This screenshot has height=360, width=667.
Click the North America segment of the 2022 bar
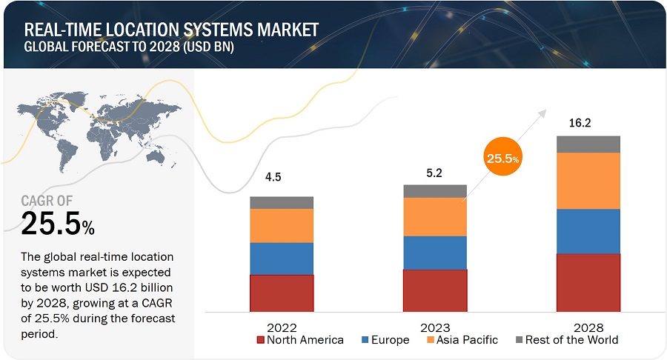(x=282, y=293)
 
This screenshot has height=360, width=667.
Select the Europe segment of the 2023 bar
(x=435, y=253)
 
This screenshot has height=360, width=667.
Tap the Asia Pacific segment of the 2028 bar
(x=588, y=181)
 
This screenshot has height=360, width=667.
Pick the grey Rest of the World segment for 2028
(x=588, y=144)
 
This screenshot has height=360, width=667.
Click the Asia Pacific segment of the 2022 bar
(x=282, y=226)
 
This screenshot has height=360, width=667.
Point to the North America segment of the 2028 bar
(x=588, y=282)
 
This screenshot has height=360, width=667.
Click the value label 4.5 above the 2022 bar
(x=273, y=177)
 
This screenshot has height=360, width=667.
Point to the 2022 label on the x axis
(x=282, y=327)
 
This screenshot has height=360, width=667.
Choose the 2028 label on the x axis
(x=588, y=327)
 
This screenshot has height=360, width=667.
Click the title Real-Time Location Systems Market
(x=172, y=30)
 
